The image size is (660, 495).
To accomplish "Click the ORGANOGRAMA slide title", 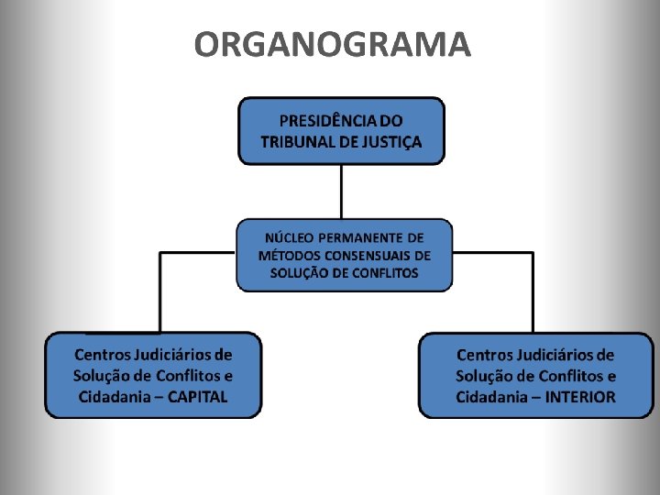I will click(332, 44).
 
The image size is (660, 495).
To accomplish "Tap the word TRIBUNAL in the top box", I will click(304, 142).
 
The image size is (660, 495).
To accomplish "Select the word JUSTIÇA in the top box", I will click(391, 142).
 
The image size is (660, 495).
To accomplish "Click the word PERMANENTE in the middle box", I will click(363, 237).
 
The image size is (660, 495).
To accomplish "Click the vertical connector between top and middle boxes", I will click(341, 191).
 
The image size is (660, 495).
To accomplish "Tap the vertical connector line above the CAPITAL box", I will click(160, 293).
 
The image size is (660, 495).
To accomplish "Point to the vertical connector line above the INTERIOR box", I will click(533, 293).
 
